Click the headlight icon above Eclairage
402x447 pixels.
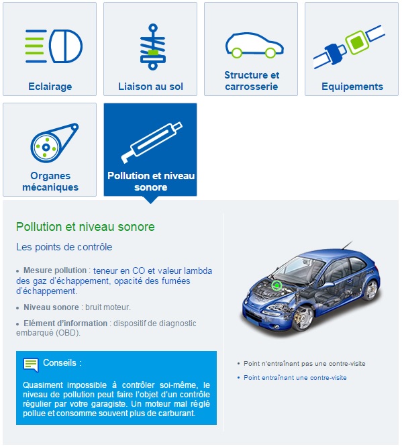[x=54, y=46]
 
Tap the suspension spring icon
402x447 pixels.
[x=153, y=47]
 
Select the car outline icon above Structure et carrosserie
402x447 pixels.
[x=254, y=45]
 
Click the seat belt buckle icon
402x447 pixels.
[x=349, y=46]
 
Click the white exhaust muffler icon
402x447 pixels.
[x=152, y=142]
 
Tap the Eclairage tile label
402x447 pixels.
[x=50, y=87]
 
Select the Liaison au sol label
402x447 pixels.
[x=150, y=87]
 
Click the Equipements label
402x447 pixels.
[x=352, y=87]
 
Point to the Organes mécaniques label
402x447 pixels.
[x=50, y=181]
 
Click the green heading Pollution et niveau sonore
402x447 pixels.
[x=85, y=227]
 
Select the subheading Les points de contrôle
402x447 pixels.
[x=64, y=247]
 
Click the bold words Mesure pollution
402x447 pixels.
[x=55, y=270]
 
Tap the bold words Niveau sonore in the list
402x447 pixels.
[x=51, y=307]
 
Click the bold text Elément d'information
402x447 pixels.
[x=65, y=324]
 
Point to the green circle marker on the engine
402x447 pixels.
[x=277, y=285]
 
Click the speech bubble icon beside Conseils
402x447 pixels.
[x=30, y=365]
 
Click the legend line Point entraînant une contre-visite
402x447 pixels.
[x=295, y=378]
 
